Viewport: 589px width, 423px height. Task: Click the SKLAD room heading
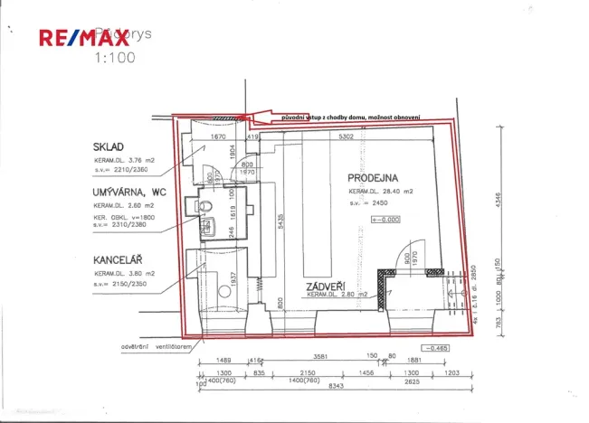coord(109,147)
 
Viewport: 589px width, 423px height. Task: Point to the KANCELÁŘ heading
coord(122,259)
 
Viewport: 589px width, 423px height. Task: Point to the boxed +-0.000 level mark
coord(385,220)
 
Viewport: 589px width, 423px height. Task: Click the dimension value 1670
coord(217,138)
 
